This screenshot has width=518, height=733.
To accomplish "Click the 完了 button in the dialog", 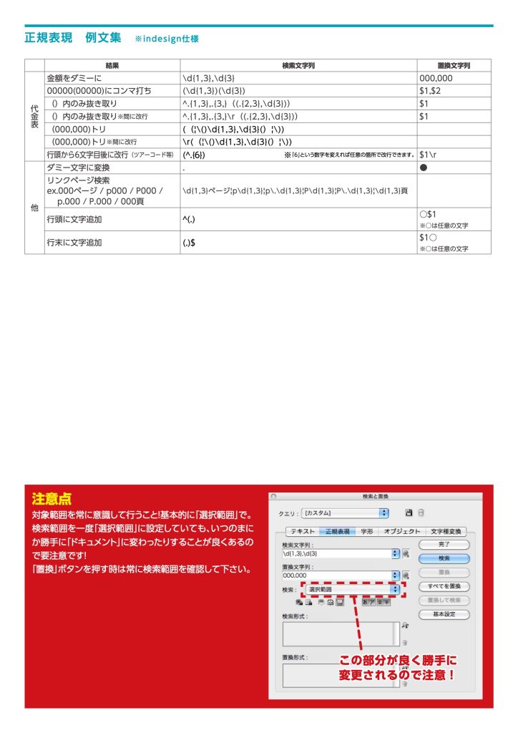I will pyautogui.click(x=444, y=545).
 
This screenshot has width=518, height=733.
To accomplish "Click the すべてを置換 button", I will pyautogui.click(x=444, y=586).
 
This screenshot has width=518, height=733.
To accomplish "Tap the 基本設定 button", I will pyautogui.click(x=444, y=614).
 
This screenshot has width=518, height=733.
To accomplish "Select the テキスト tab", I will pyautogui.click(x=301, y=532).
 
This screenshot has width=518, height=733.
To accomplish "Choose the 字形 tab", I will pyautogui.click(x=366, y=532).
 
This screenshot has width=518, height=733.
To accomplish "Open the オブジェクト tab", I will pyautogui.click(x=401, y=532).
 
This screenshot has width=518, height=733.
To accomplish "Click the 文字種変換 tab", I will pyautogui.click(x=447, y=532).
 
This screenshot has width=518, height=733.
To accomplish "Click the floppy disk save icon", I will pyautogui.click(x=409, y=513).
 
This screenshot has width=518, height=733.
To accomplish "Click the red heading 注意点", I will pyautogui.click(x=52, y=499).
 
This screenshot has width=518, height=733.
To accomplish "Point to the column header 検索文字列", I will pyautogui.click(x=298, y=65).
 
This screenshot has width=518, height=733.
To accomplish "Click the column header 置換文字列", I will pyautogui.click(x=454, y=65).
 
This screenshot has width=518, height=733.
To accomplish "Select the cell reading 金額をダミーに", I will pyautogui.click(x=74, y=77).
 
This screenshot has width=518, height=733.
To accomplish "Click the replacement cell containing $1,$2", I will pyautogui.click(x=430, y=90).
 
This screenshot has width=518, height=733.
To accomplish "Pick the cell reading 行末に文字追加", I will pyautogui.click(x=74, y=242).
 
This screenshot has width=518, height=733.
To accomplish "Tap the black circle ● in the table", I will pyautogui.click(x=424, y=167).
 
